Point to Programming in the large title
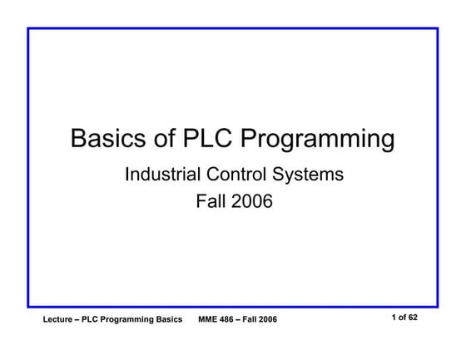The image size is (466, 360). point(317,140)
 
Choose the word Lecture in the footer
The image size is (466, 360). point(62,320)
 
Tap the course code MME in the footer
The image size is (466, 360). point(209,320)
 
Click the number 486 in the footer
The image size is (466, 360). point(230,320)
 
